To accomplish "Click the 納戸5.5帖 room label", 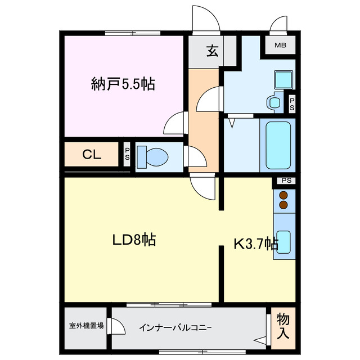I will coord(123,84).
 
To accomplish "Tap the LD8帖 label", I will coord(133,240).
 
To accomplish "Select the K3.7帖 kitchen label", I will coord(256,244).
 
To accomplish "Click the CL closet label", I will coord(92,155).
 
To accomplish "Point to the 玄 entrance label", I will coord(212,51).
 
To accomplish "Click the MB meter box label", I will coord(280,46).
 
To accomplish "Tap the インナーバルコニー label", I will coord(175,326).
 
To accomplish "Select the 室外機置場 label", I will coord(86,325).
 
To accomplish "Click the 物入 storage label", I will coord(283,326).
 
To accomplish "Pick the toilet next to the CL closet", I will coord(150,156).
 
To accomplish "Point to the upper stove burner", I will coord(283,195).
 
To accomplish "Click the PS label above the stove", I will coord(286,181).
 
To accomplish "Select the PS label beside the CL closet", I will coord(127,154).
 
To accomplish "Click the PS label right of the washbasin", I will coord(292,103).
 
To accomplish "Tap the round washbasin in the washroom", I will coord(274,102).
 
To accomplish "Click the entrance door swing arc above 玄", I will coord(205,20).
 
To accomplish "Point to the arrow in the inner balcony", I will coord(259,340).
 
